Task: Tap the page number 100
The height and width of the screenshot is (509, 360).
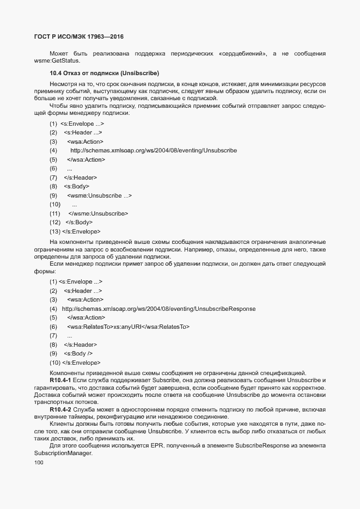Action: coord(39,463)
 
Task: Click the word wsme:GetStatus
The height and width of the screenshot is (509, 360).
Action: coord(53,60)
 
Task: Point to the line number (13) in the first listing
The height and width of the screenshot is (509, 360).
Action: coord(54,231)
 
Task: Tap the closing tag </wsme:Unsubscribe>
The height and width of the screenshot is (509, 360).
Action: coord(98,213)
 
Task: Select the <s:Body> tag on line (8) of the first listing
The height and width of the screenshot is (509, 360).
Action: coord(77,186)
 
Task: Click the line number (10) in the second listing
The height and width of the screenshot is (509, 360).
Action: coord(54,362)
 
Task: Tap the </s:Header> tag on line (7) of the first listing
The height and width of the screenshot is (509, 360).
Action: coord(81,177)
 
